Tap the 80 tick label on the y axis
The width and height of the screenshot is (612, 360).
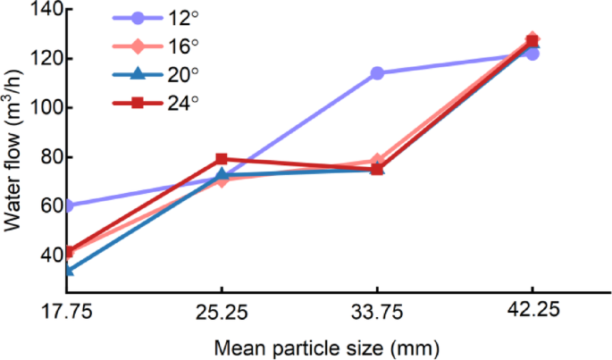coord(48,157)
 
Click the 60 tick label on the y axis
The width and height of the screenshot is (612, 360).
coord(48,206)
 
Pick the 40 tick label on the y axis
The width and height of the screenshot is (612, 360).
coord(48,255)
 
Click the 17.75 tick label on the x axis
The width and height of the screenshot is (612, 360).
coord(68,314)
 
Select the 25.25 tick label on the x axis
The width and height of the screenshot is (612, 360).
coord(222,314)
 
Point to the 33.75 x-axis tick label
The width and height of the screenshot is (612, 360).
coord(377,314)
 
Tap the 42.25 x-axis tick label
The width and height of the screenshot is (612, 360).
coord(532,314)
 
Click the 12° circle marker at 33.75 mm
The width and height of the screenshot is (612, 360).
coord(377,73)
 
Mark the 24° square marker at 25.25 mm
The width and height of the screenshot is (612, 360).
coord(222,159)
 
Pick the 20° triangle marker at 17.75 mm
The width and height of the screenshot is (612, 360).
coord(69,269)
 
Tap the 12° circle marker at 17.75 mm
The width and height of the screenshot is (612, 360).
coord(69,205)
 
